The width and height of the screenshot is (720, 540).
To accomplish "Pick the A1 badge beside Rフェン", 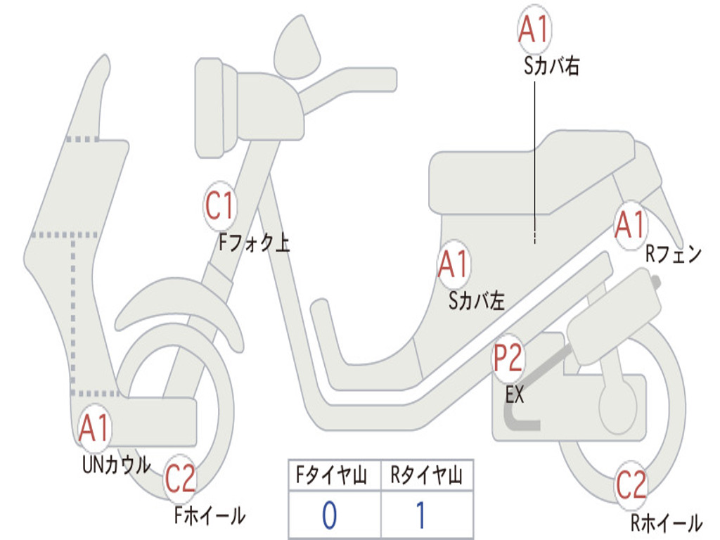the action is click(x=630, y=226).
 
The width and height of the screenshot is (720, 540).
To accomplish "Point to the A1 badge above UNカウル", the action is click(x=94, y=428).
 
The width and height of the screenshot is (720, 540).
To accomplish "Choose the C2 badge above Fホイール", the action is click(x=180, y=480).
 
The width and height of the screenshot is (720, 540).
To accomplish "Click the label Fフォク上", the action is click(x=254, y=243).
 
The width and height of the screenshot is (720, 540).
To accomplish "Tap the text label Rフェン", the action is click(x=673, y=255).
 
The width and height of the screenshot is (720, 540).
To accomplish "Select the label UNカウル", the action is click(x=117, y=464).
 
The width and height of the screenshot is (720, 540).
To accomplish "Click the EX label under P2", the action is click(x=515, y=395).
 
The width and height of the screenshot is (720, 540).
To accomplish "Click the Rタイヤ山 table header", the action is click(x=426, y=477).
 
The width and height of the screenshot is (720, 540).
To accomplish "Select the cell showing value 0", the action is click(x=330, y=516).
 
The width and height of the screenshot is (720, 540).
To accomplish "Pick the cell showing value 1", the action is click(x=421, y=516).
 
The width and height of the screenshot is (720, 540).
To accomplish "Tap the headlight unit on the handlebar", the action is click(x=214, y=108).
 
